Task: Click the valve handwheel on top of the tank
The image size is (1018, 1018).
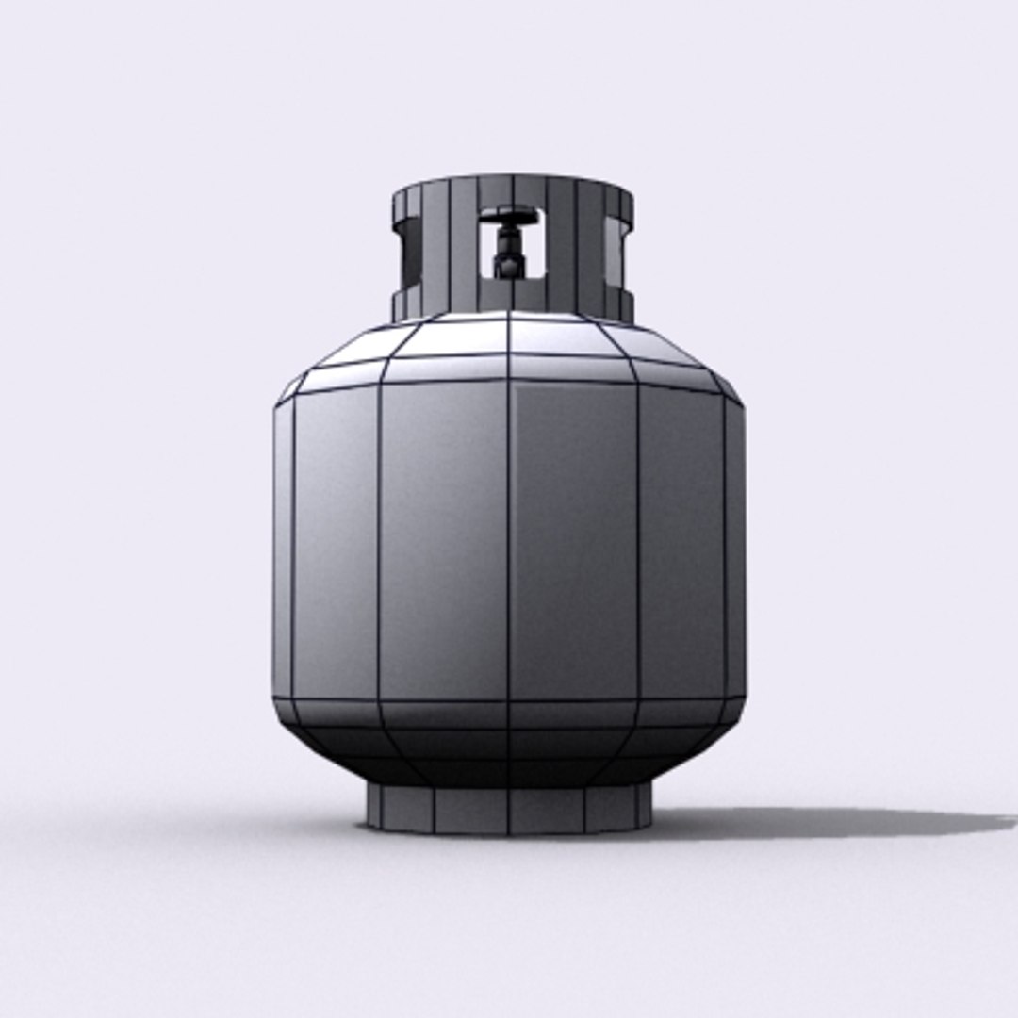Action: coord(509,216)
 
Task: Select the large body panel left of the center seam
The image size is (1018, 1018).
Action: coord(443,542)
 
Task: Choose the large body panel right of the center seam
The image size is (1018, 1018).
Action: coord(573,542)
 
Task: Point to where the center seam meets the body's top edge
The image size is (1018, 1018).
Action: coord(509,380)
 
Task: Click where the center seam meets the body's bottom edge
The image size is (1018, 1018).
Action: coord(509,700)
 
